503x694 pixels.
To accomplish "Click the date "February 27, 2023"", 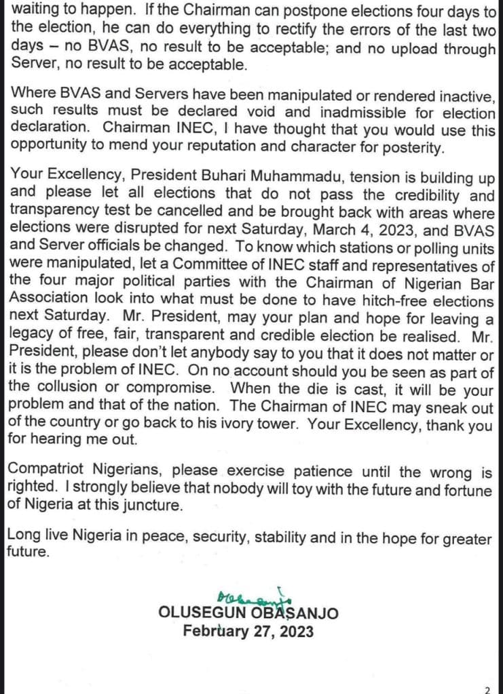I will tap(248, 632).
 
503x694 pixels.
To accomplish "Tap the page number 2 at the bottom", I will tap(487, 689).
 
